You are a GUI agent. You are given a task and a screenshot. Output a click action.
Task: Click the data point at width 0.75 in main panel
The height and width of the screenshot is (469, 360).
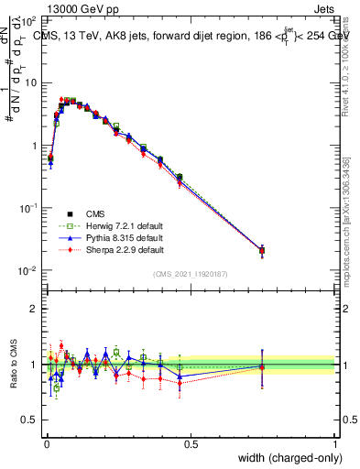[262, 250]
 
